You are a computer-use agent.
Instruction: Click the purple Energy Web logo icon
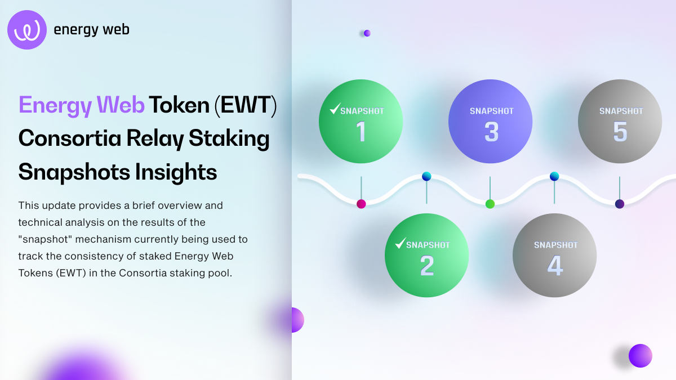coord(27,30)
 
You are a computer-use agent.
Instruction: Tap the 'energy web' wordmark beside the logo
coord(91,30)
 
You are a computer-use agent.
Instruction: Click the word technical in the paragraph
coord(39,222)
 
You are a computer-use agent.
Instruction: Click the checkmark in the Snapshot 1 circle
coord(335,108)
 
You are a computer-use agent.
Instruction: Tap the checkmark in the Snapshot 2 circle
coord(401,243)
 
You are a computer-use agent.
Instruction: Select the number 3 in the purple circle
coord(491,132)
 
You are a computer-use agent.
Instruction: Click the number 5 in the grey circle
coord(620,132)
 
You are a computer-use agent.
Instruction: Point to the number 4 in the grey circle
coord(555,266)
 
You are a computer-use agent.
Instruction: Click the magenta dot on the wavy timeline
coord(361,204)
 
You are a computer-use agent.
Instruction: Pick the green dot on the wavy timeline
coord(490,204)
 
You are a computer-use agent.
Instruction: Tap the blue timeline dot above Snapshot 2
coord(426,176)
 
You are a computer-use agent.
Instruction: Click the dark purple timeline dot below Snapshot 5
coord(620,204)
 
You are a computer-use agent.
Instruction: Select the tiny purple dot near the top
coord(367,33)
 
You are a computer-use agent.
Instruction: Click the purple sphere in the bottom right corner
coord(640,355)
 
